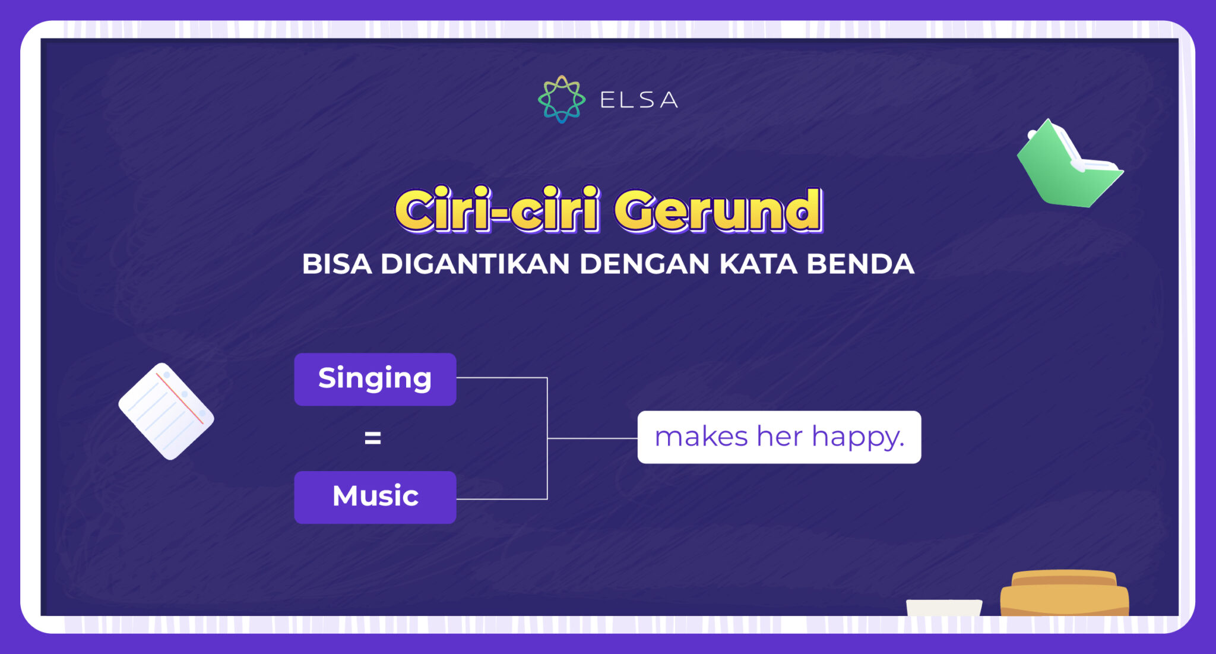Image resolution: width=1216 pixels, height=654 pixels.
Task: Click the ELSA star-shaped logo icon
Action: coord(561,99)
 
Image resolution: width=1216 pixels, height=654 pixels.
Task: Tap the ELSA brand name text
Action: coord(639,100)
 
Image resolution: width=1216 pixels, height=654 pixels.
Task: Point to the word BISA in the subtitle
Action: coord(337,264)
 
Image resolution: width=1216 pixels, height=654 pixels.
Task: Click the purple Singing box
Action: coord(375,380)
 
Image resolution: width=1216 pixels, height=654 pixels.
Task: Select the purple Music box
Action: coord(375,497)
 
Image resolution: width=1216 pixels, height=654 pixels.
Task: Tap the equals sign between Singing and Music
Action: coord(373,438)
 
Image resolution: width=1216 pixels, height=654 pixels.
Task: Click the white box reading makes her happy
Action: coord(778,437)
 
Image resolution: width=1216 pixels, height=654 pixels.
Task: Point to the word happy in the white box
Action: coord(857,438)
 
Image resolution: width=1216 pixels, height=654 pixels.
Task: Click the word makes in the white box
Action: coord(701,437)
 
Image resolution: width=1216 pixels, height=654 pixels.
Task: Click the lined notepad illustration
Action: coord(166,411)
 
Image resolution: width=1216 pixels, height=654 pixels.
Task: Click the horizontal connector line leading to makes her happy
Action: coord(592,438)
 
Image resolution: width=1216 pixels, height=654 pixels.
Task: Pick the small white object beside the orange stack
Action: coord(944,607)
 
